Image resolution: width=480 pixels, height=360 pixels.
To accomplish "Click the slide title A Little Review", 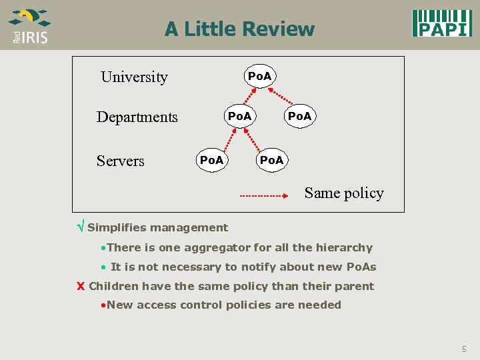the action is point(239,29).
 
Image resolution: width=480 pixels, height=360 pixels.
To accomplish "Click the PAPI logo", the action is point(441,23).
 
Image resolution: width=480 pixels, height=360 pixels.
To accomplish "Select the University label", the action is point(134,77).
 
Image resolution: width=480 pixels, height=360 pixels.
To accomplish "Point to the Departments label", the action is point(137,117).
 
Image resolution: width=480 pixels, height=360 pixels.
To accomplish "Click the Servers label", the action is point(120,161).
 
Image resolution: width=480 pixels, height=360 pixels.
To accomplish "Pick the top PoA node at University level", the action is point(259,76).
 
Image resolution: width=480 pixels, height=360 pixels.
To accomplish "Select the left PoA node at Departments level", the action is point(239,116).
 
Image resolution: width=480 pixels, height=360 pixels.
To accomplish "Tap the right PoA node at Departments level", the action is point(299,116).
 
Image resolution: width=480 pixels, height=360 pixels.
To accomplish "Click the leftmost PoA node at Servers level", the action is point(212,160).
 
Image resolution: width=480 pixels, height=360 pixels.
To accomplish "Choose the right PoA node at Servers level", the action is point(271,160).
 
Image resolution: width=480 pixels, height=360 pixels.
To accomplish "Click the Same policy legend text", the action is point(344,193).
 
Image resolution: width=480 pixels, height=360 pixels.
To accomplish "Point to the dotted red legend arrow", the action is point(263,196).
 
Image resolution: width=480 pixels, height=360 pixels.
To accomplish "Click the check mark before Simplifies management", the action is point(81,227).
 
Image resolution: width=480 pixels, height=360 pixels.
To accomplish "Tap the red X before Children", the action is point(80,287).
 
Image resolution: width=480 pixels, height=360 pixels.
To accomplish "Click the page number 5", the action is point(464,349).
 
